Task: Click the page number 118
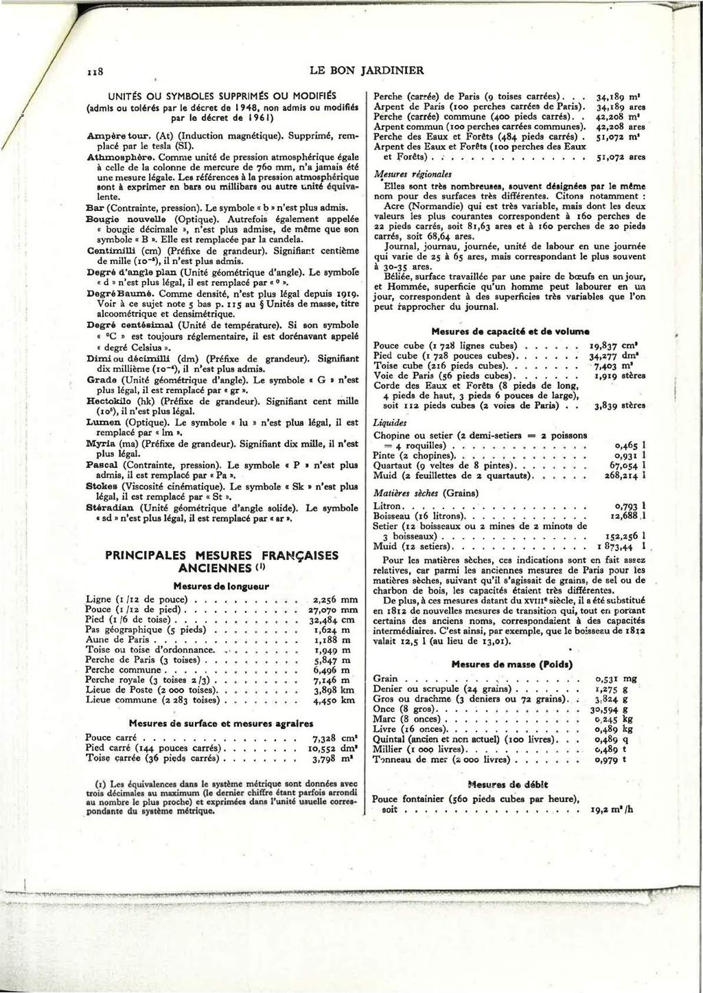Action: pyautogui.click(x=94, y=70)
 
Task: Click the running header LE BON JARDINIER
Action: pyautogui.click(x=367, y=69)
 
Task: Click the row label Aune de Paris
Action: pyautogui.click(x=116, y=639)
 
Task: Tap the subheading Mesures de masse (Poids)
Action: pyautogui.click(x=511, y=665)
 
